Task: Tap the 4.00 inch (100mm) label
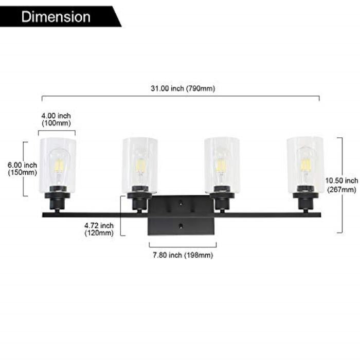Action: [x=57, y=120]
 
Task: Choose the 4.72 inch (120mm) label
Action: [x=99, y=229]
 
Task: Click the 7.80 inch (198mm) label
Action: [x=183, y=255]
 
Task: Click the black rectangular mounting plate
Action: [x=181, y=215]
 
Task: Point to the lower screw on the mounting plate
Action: [x=181, y=225]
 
